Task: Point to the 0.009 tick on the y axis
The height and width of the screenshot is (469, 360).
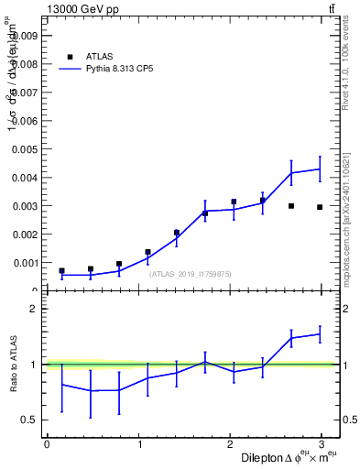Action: coord(25,36)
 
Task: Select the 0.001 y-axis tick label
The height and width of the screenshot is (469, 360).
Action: coord(25,263)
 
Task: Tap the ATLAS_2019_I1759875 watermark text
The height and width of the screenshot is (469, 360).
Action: coord(191,274)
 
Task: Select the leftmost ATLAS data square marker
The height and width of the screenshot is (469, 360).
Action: coord(61,271)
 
